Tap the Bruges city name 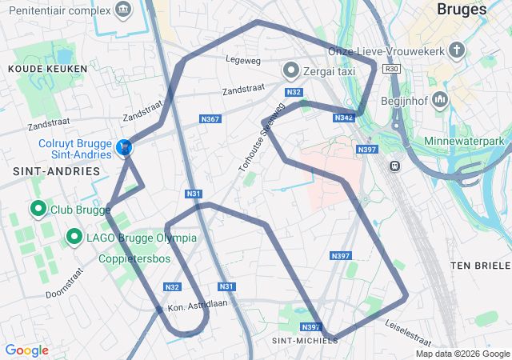coord(462,10)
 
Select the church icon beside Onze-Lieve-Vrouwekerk coord(456,51)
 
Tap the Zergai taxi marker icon coord(292,70)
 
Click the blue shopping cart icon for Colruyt coord(124,147)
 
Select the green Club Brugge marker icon coord(38,210)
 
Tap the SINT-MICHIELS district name coord(305,340)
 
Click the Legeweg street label coord(244,58)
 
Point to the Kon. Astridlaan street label coord(199,304)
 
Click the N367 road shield coord(210,119)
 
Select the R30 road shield coord(391,69)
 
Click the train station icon coord(394,166)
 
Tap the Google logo coord(26,350)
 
